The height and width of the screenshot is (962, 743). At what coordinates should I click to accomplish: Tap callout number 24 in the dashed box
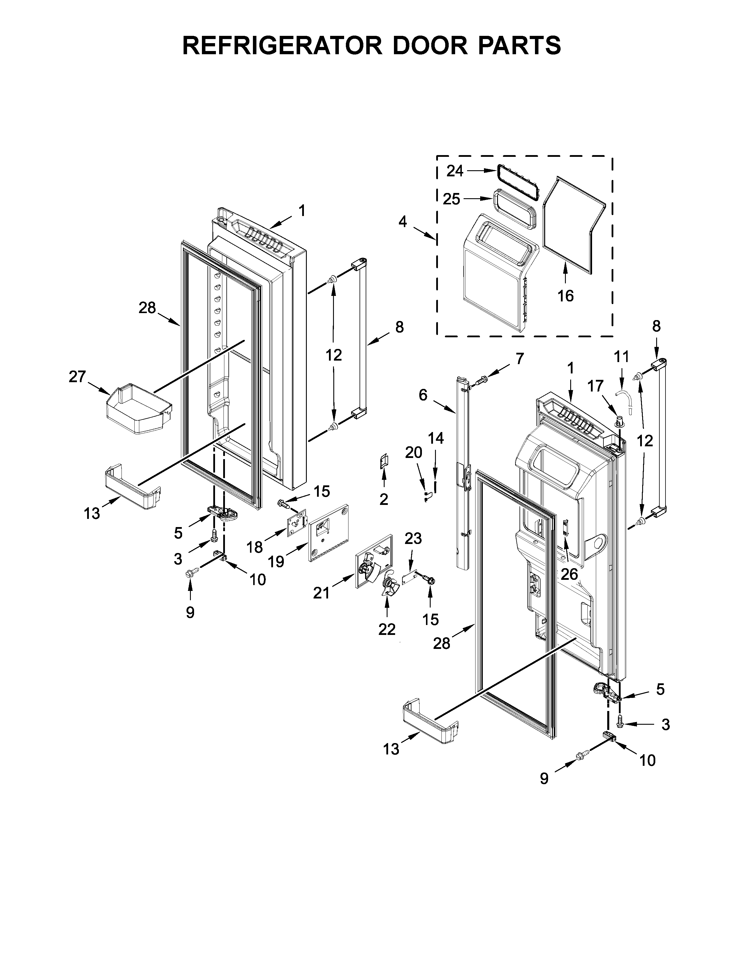[x=455, y=171]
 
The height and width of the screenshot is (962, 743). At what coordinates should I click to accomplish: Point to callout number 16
[x=566, y=296]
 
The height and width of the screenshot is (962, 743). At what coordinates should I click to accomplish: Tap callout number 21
[x=321, y=593]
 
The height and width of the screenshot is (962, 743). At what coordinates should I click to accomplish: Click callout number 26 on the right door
[x=569, y=574]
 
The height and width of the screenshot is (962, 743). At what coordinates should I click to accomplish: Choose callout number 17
[x=596, y=386]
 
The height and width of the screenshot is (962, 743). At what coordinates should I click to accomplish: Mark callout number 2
[x=384, y=499]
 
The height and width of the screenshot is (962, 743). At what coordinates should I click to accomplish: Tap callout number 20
[x=414, y=452]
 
